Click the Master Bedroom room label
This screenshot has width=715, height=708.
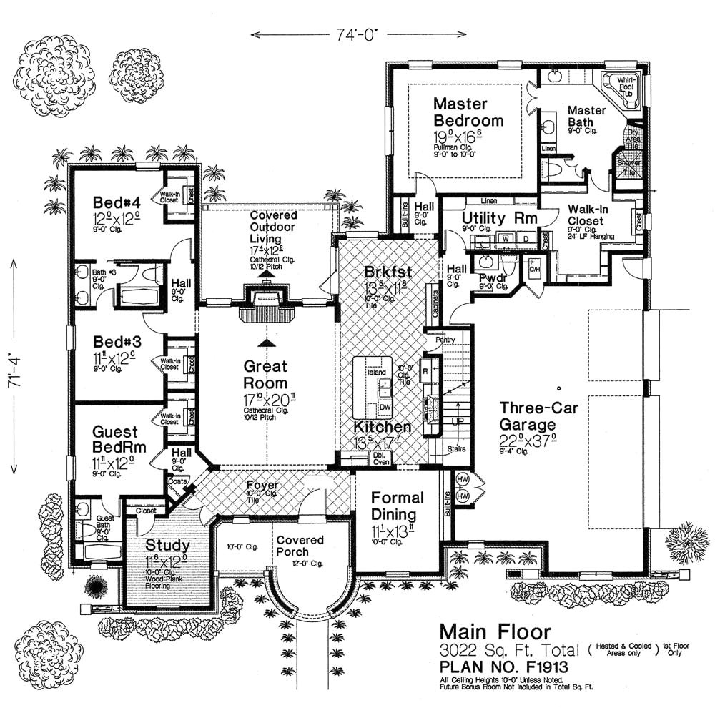(x=468, y=112)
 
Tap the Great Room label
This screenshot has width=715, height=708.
(x=265, y=375)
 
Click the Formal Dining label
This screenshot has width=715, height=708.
(x=398, y=506)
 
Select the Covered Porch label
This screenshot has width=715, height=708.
(x=300, y=546)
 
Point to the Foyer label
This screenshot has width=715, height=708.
(x=263, y=486)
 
